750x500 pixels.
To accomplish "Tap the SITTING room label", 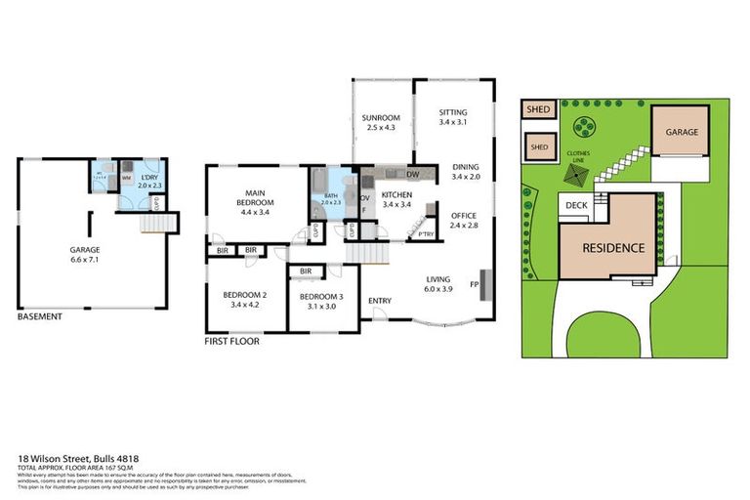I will click(453, 112).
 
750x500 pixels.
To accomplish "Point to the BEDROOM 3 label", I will click(321, 296).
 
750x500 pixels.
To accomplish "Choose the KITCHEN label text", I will click(397, 194).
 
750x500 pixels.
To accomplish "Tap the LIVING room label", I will click(437, 277).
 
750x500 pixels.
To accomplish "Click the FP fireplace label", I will click(475, 285).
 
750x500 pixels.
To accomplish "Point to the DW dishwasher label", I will click(413, 175).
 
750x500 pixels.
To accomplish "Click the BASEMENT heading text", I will click(40, 316).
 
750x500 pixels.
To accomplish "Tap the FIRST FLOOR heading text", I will click(231, 342).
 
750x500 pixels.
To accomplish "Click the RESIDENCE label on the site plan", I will click(613, 247).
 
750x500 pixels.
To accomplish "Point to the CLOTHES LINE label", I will click(573, 153).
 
